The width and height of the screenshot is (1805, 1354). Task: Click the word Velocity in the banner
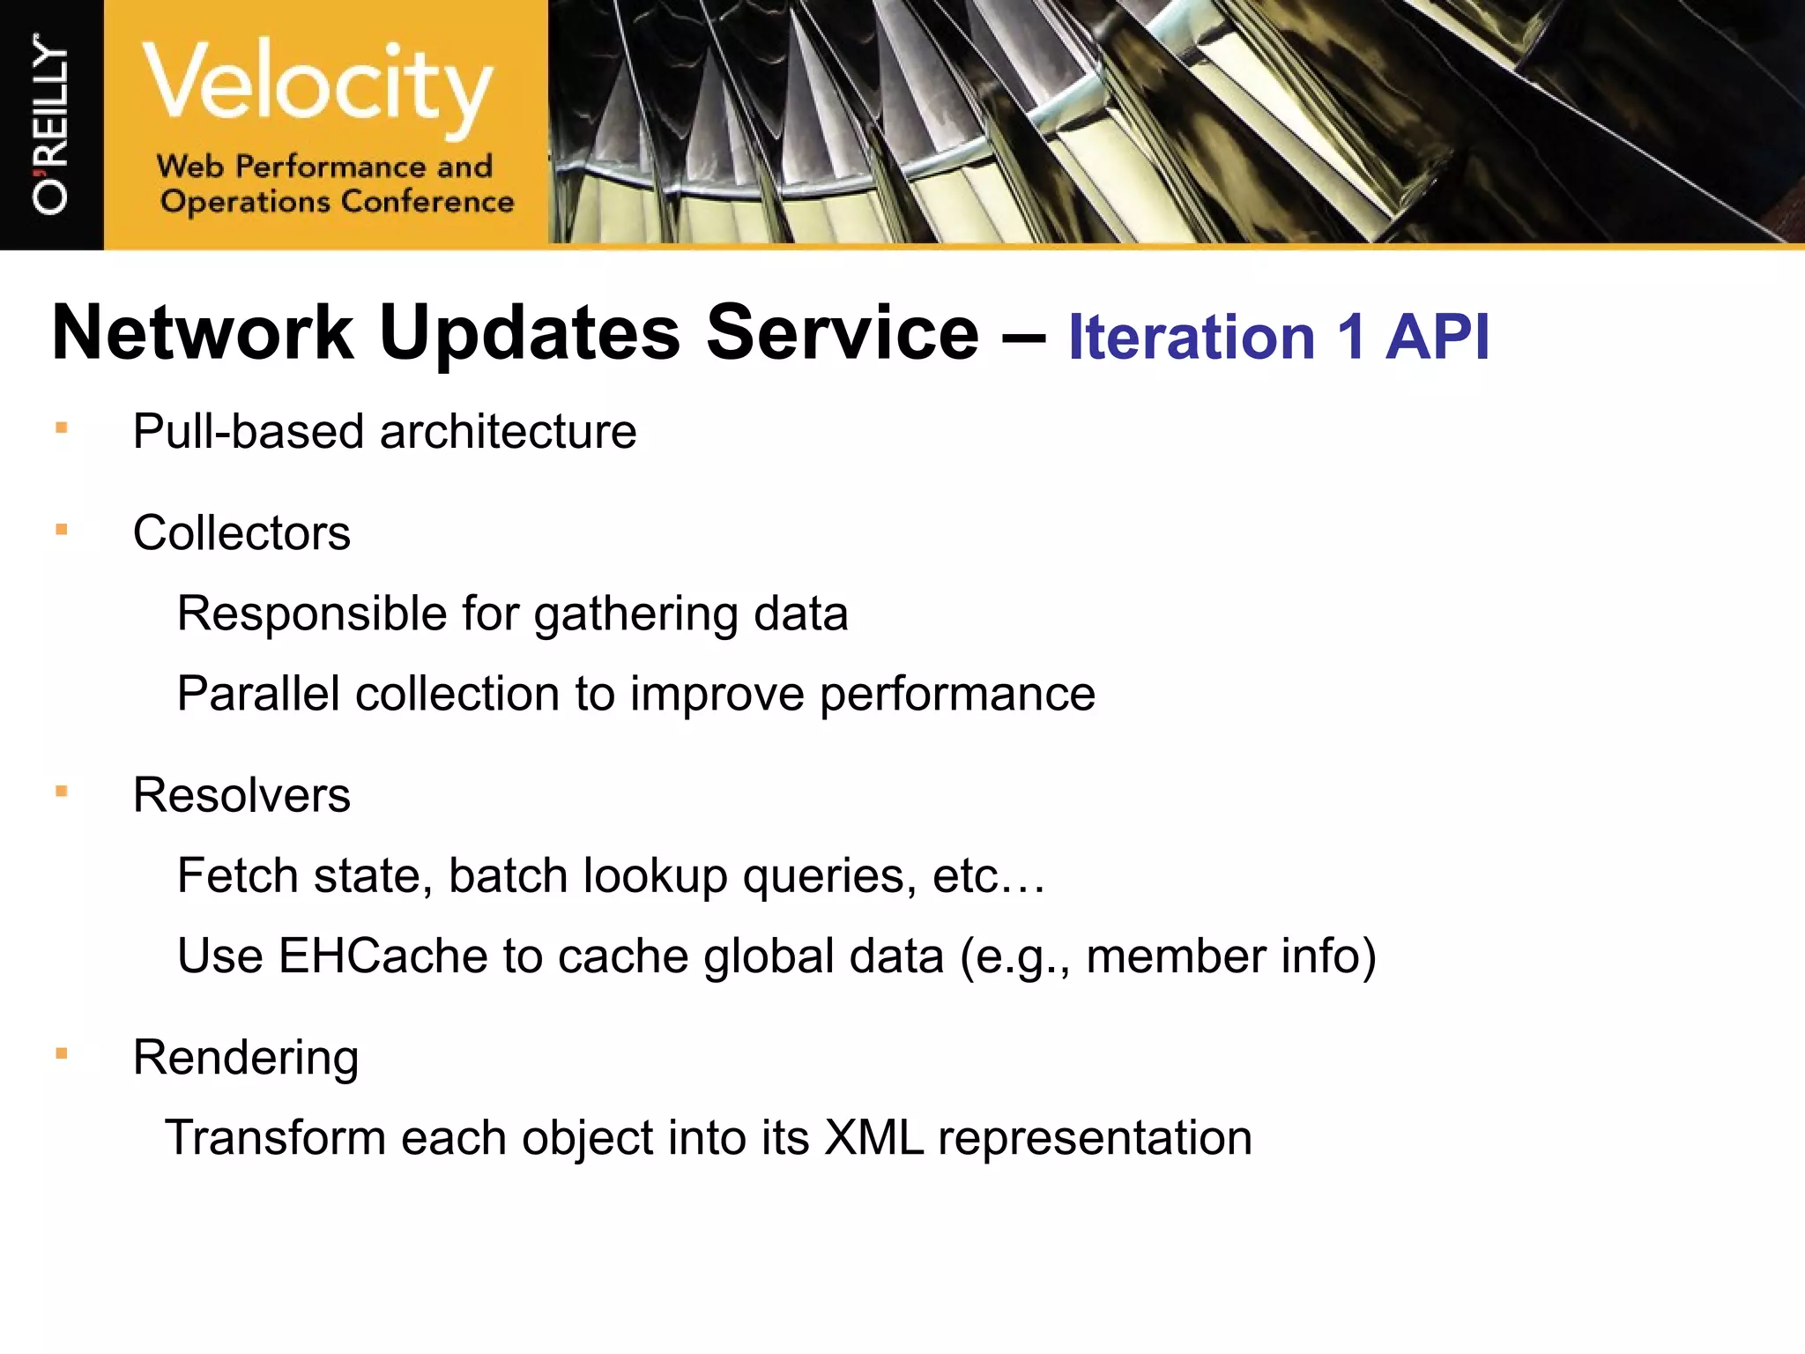(x=317, y=84)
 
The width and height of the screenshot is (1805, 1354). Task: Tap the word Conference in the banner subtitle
(x=427, y=202)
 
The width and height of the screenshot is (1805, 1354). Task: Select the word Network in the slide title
(x=203, y=333)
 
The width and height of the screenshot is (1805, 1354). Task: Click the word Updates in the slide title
(x=529, y=333)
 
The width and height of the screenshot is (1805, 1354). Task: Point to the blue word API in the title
(x=1437, y=338)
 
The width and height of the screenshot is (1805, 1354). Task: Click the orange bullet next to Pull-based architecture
(x=62, y=428)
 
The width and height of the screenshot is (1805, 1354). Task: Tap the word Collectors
(x=241, y=533)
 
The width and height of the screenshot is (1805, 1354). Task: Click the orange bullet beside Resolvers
(x=62, y=791)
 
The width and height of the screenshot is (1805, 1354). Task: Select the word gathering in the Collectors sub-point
(x=635, y=614)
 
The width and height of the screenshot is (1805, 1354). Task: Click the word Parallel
(x=258, y=694)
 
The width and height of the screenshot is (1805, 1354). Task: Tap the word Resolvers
(x=241, y=795)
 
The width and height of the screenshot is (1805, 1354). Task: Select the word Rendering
(x=246, y=1059)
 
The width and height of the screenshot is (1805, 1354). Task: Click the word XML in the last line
(x=873, y=1138)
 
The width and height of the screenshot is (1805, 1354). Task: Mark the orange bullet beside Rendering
(x=62, y=1053)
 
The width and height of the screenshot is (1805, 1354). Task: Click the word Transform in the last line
(x=275, y=1138)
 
